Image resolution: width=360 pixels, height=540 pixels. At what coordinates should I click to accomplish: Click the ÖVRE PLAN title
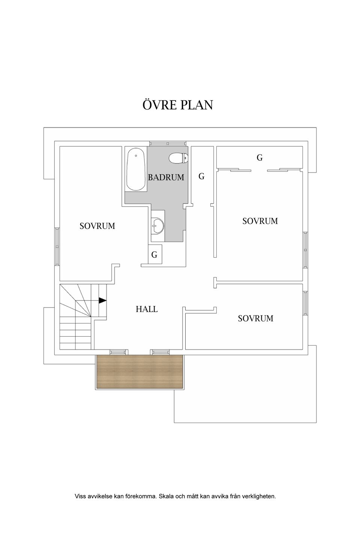178,105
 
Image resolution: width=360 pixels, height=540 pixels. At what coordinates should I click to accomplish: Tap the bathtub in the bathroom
136,169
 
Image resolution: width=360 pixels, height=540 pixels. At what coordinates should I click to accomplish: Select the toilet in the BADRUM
178,158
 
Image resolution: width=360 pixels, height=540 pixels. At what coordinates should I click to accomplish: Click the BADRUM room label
166,177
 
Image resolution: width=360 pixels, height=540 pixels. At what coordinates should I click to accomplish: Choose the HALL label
147,309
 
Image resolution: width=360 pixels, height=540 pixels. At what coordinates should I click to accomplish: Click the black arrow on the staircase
102,300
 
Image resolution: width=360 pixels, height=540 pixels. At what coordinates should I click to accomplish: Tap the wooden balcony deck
139,371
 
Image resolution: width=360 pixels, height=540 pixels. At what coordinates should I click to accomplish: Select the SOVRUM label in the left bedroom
97,226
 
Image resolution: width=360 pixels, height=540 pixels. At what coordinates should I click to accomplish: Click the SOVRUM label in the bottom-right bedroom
256,318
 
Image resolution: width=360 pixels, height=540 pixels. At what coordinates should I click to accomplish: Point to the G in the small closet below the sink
154,255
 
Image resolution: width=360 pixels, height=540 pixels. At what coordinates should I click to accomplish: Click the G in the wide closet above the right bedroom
259,157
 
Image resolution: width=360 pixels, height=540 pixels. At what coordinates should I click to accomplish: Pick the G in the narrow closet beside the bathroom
201,177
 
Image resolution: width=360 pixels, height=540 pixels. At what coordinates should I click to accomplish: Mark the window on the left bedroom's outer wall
57,246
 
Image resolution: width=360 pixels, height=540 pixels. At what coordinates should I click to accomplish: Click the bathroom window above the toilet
168,143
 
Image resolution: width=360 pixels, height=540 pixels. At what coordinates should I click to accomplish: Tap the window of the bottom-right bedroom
305,303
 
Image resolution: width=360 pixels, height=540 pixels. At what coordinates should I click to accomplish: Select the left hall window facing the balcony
118,352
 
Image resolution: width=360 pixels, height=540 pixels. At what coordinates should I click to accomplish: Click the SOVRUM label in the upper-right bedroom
260,221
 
